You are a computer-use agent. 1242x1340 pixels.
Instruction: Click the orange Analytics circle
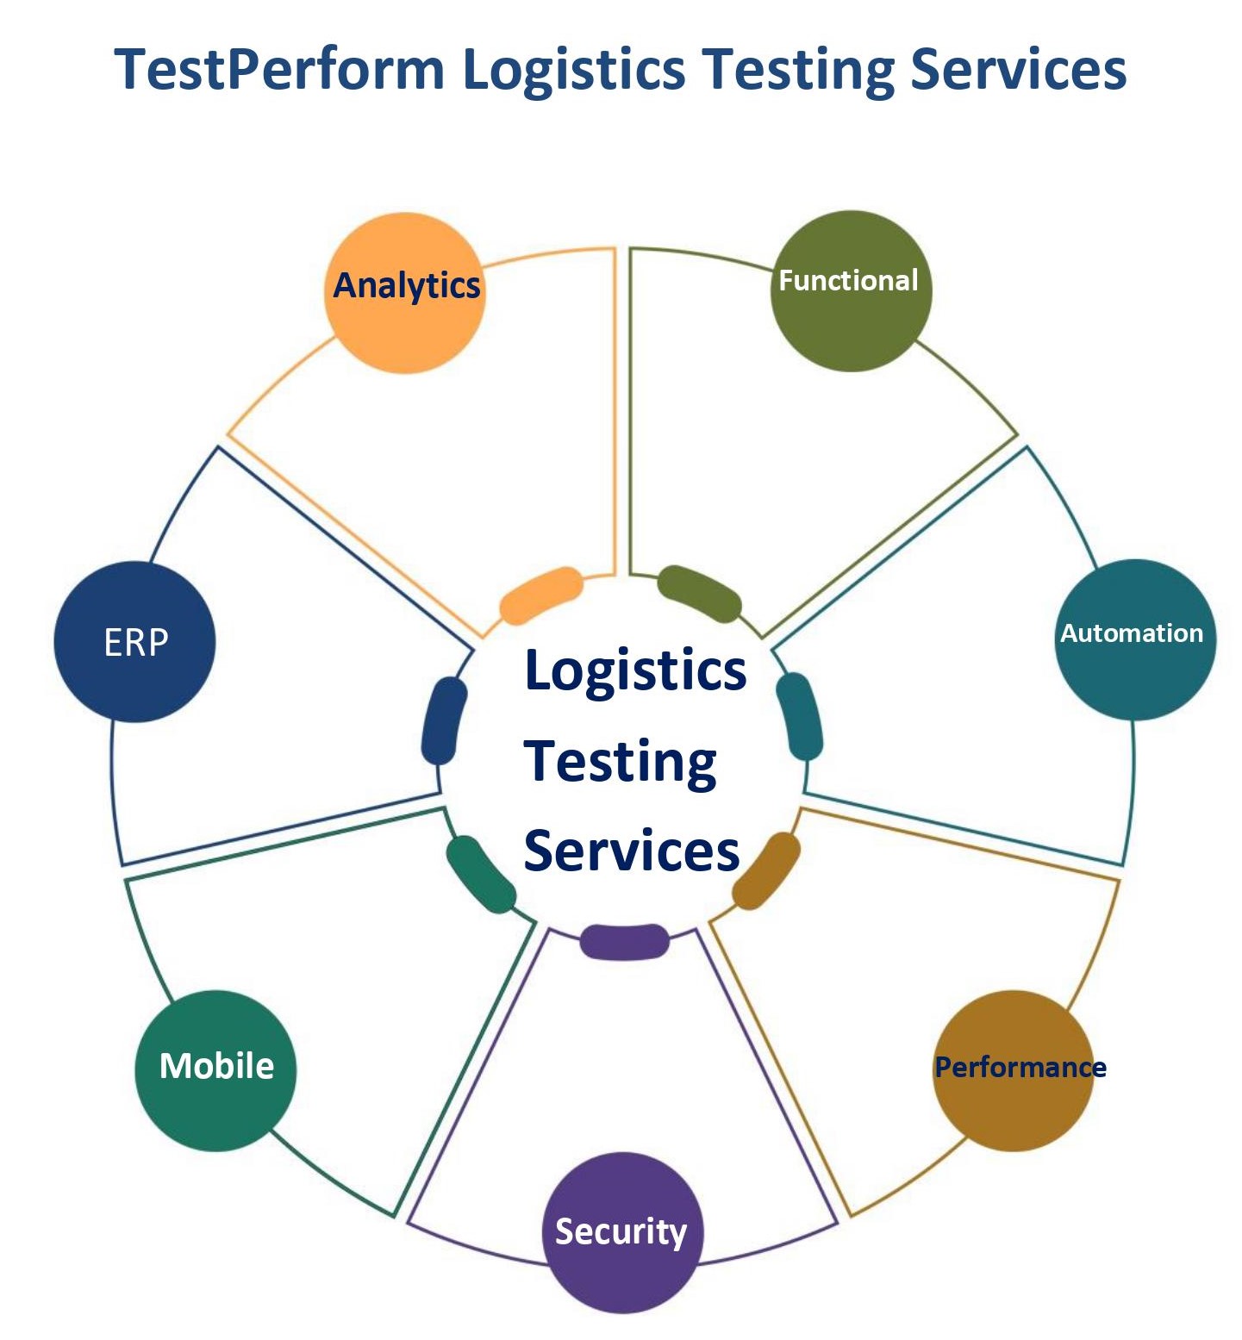pos(404,293)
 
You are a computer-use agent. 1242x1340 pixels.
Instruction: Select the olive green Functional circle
pos(851,291)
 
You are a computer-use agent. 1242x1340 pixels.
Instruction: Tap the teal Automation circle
pos(1134,639)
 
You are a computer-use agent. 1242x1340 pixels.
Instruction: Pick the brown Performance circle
pos(1013,1070)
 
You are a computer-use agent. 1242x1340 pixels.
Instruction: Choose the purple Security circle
pos(622,1232)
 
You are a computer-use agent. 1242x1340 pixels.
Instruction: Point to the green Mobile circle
pos(215,1070)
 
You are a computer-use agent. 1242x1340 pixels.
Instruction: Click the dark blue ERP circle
pos(134,642)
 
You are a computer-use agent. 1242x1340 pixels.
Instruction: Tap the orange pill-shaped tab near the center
pos(541,595)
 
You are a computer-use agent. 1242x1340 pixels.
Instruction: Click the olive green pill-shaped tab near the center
pos(699,594)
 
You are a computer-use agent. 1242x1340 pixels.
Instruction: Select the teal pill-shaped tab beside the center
pos(799,716)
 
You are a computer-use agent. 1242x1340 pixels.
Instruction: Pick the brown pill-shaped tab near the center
pos(766,870)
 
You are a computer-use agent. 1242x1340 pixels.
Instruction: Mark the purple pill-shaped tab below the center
pos(624,941)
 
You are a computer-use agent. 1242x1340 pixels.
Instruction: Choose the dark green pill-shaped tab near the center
pos(480,874)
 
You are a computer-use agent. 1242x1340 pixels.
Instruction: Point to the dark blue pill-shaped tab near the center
pos(444,720)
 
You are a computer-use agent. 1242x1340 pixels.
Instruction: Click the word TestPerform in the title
pos(279,69)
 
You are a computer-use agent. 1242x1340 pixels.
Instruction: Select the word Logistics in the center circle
pos(635,670)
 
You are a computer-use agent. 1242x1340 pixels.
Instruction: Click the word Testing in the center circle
pos(620,763)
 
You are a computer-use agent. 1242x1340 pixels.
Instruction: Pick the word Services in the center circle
pos(631,851)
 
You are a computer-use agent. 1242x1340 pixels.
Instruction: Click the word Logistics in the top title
pos(574,71)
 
